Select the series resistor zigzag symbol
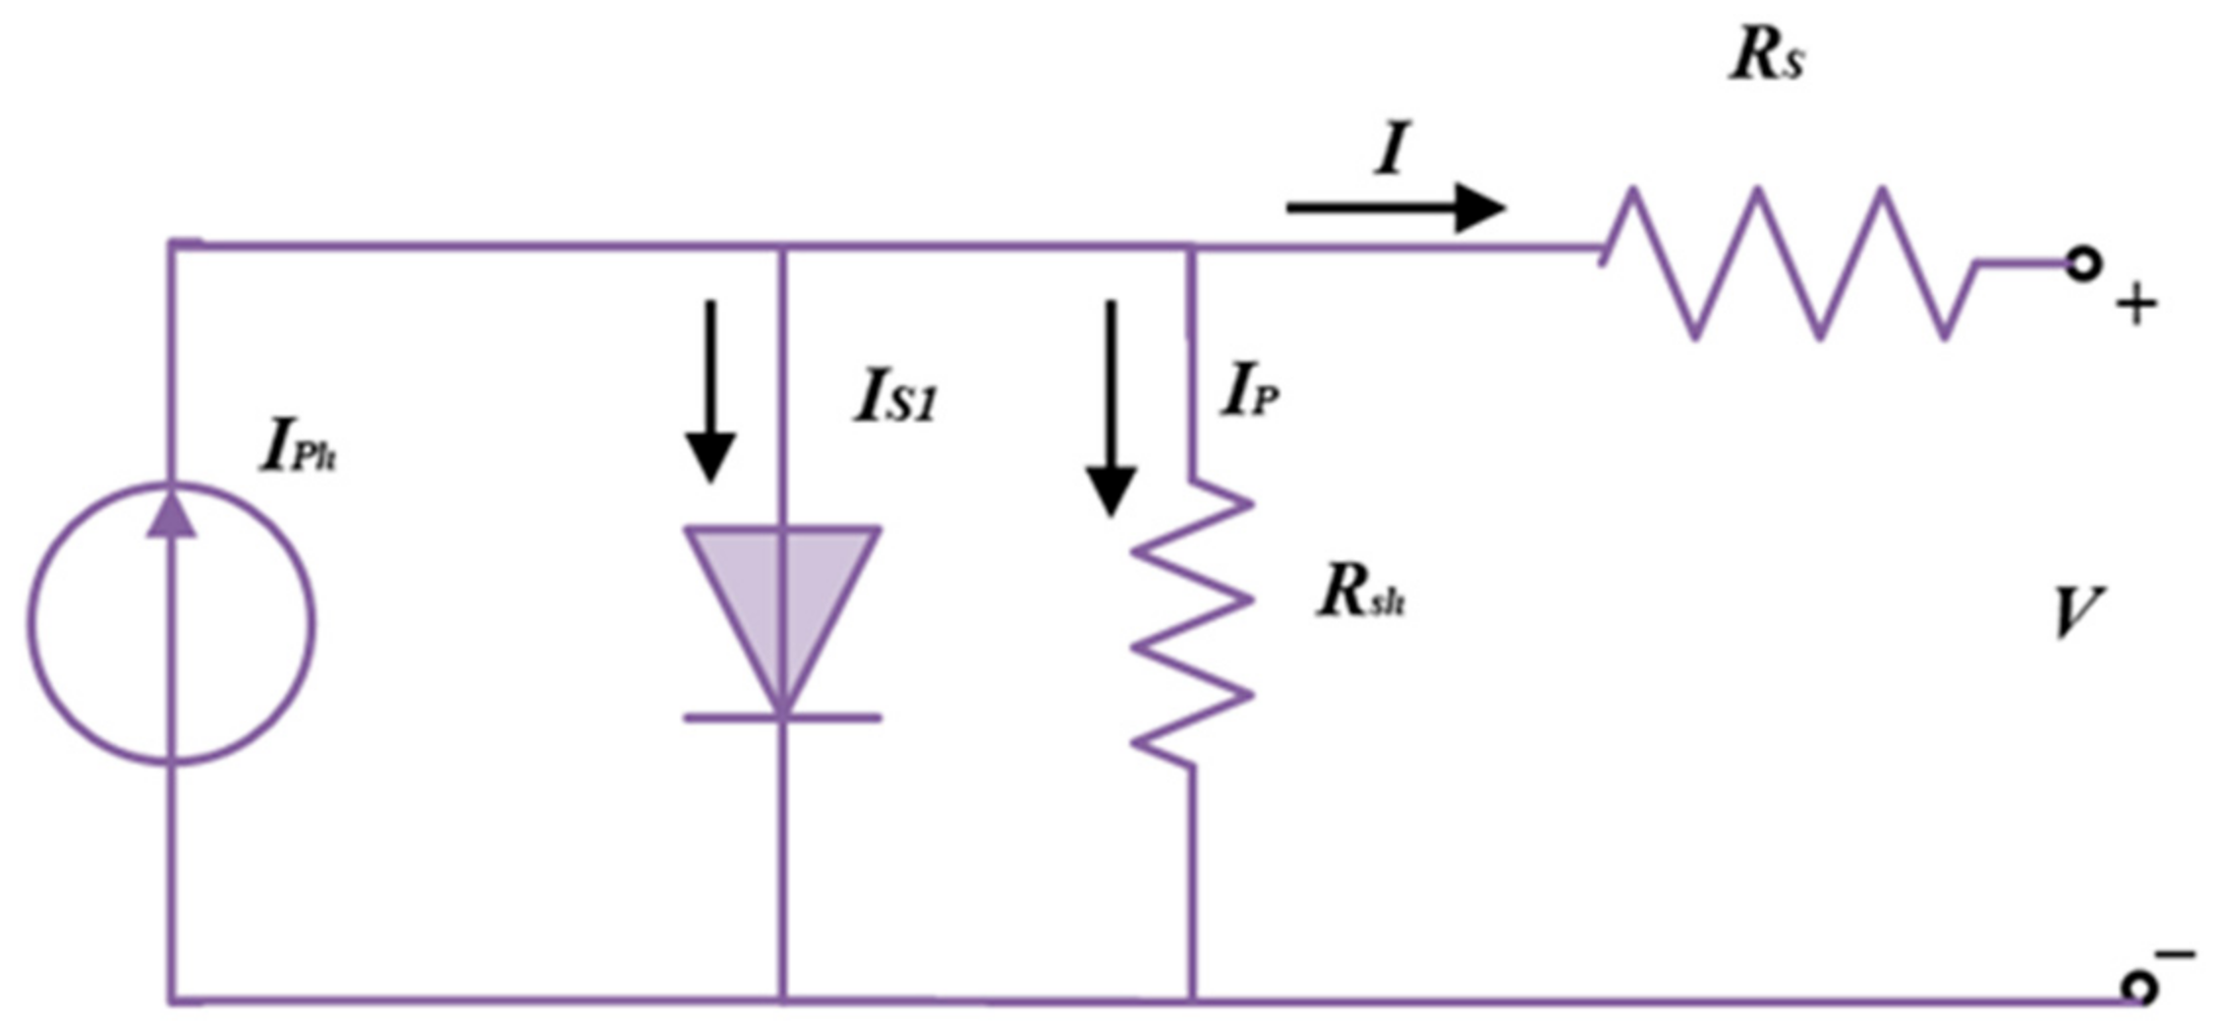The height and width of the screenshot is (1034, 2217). coord(1789,263)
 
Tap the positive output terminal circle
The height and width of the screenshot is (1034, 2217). coord(2082,264)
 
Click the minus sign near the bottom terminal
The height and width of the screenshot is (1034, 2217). coord(2175,953)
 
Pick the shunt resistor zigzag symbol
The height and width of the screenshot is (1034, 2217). coord(1192,624)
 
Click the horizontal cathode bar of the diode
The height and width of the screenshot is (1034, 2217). coord(782,718)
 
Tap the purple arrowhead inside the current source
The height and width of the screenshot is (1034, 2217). coord(172,515)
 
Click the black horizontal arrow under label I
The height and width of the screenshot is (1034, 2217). coord(1395,207)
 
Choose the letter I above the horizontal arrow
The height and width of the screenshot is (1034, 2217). coord(1391,148)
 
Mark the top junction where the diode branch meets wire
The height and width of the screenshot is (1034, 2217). coord(782,247)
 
